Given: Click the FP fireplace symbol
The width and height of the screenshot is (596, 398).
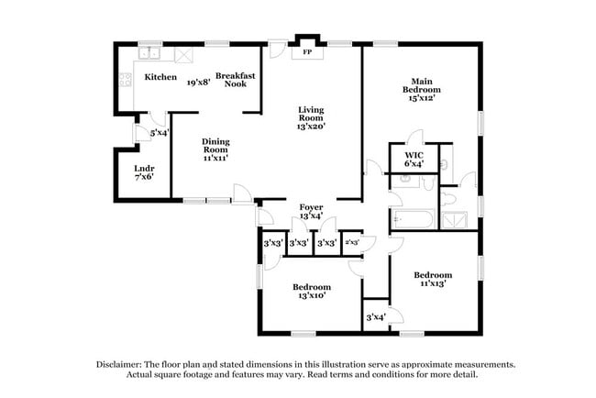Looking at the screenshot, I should point(307,53).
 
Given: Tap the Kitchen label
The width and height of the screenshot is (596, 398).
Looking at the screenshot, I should point(161,77).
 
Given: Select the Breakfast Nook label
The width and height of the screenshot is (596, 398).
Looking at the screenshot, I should point(235,79).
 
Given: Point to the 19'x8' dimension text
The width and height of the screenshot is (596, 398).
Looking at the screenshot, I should point(197,83).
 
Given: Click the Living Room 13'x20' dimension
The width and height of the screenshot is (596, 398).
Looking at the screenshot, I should point(312,126).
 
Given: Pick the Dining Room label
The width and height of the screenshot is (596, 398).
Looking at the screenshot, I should point(215,145).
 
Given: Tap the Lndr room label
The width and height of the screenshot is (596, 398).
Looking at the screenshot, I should point(144,169).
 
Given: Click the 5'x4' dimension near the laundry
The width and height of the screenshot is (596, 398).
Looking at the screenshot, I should point(159,132).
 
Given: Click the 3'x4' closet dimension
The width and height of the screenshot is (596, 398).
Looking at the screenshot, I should point(375,317).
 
